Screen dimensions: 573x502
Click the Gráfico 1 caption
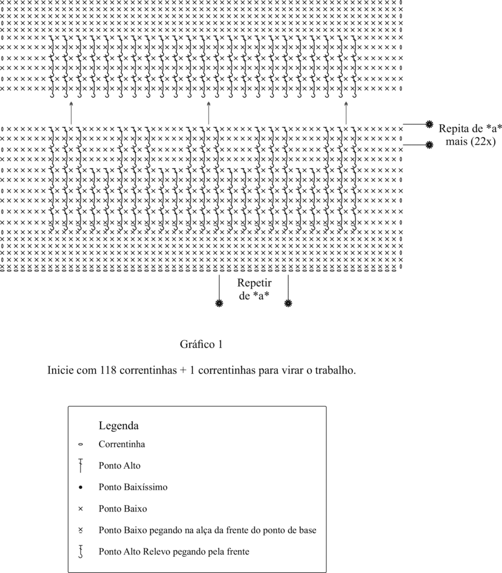(201, 345)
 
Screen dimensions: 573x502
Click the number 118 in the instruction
(108, 370)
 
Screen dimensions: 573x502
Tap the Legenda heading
(119, 425)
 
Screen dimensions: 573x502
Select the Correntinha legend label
(122, 444)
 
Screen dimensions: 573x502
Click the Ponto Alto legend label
(120, 465)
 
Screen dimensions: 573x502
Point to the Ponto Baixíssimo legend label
(133, 487)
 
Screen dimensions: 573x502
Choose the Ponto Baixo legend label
(123, 509)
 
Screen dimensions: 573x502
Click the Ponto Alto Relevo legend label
(174, 551)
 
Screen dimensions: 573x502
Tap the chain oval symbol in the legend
(80, 445)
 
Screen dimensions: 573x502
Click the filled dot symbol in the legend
(80, 487)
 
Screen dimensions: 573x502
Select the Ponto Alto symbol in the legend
(80, 465)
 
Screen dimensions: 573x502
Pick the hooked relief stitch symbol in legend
(81, 552)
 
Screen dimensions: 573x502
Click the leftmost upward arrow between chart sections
(71, 112)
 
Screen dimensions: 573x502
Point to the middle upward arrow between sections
(209, 112)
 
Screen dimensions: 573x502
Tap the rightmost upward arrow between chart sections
(346, 112)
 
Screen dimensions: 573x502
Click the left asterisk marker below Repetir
(219, 303)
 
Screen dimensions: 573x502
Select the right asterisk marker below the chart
(288, 303)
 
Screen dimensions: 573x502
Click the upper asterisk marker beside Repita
(429, 124)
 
